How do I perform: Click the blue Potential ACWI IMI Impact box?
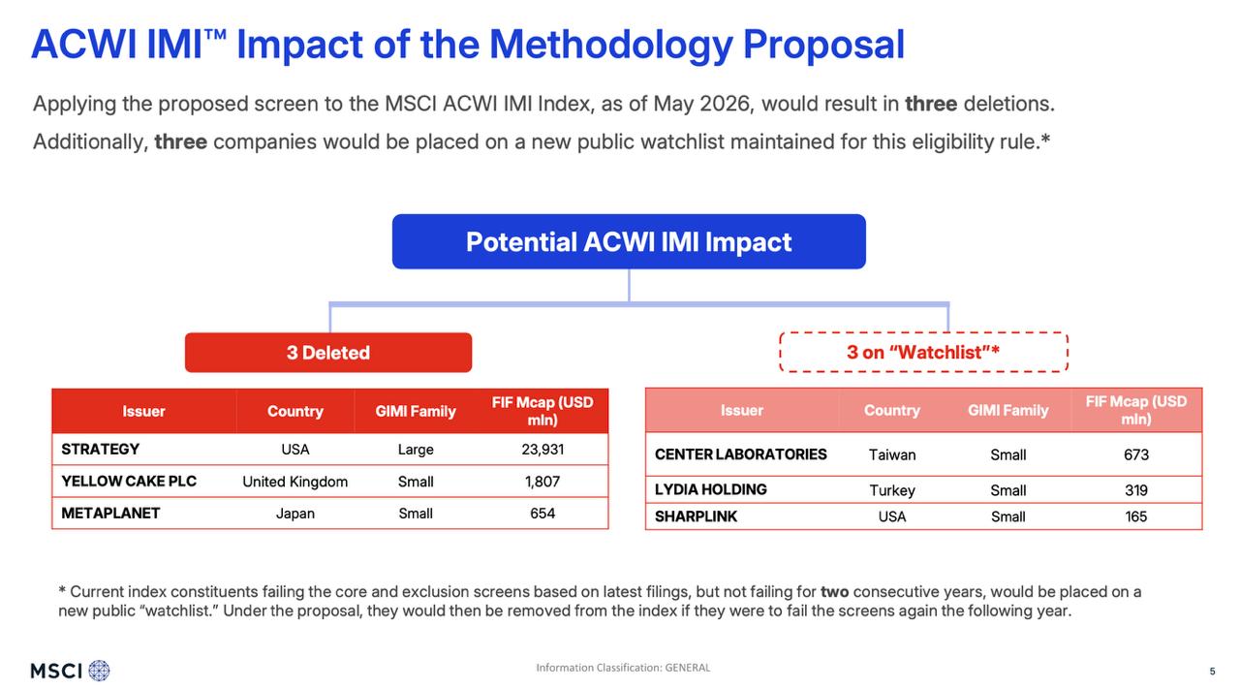pyautogui.click(x=629, y=241)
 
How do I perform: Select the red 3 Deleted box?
pyautogui.click(x=328, y=353)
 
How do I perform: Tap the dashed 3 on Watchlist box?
pyautogui.click(x=923, y=353)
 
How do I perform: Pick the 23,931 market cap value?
pyautogui.click(x=542, y=450)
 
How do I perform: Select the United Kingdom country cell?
pyautogui.click(x=295, y=482)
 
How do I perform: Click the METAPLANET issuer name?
pyautogui.click(x=110, y=514)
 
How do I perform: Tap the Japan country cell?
pyautogui.click(x=295, y=514)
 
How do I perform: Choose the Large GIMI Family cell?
pyautogui.click(x=416, y=450)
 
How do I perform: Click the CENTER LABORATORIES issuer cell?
pyautogui.click(x=741, y=454)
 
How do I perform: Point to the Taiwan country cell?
pyautogui.click(x=892, y=455)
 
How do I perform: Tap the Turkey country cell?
pyautogui.click(x=892, y=490)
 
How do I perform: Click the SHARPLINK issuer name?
pyautogui.click(x=696, y=516)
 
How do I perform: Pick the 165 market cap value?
pyautogui.click(x=1136, y=516)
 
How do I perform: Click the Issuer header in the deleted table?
pyautogui.click(x=144, y=411)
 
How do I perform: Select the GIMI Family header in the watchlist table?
pyautogui.click(x=1008, y=411)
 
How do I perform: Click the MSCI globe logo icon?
pyautogui.click(x=99, y=671)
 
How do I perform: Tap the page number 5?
pyautogui.click(x=1212, y=672)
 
